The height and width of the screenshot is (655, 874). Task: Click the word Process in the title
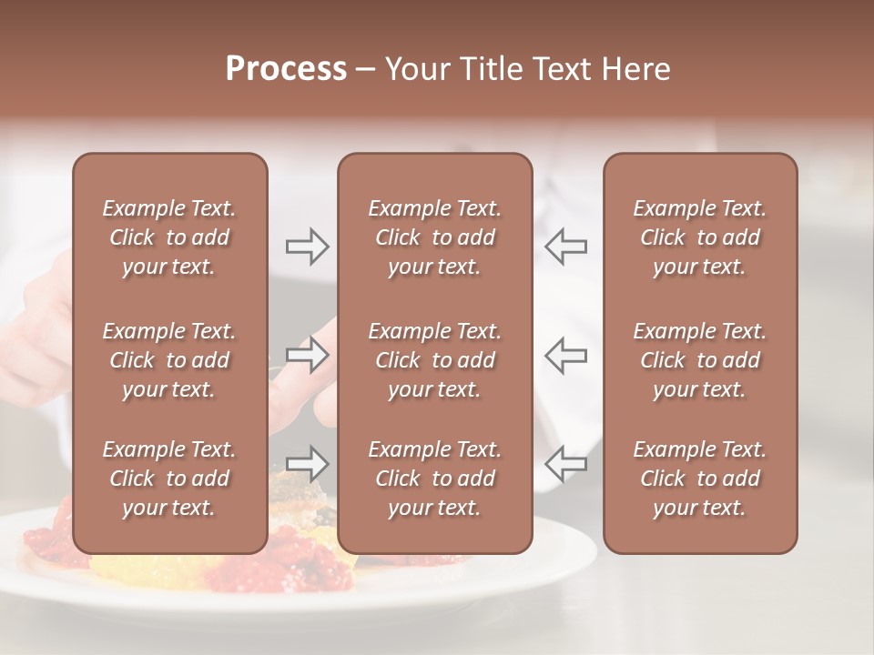pyautogui.click(x=286, y=69)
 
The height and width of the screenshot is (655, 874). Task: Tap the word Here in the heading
pyautogui.click(x=635, y=69)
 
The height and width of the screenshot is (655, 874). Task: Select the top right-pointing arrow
pyautogui.click(x=307, y=246)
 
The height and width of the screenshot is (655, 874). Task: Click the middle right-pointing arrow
pyautogui.click(x=307, y=355)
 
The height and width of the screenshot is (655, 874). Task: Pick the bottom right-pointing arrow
pyautogui.click(x=307, y=464)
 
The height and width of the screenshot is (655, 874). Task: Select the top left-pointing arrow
pyautogui.click(x=565, y=246)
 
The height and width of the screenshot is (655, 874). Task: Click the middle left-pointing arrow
pyautogui.click(x=565, y=355)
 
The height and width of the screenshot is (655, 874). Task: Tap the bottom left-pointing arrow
pyautogui.click(x=565, y=464)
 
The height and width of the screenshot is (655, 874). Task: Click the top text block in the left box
pyautogui.click(x=169, y=237)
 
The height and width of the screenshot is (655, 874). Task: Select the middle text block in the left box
pyautogui.click(x=169, y=360)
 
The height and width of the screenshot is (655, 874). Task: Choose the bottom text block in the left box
pyautogui.click(x=169, y=479)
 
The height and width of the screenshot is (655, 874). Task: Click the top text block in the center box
pyautogui.click(x=434, y=237)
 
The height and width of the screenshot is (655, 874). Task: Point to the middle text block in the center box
pyautogui.click(x=434, y=360)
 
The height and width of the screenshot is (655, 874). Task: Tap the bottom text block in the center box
pyautogui.click(x=434, y=479)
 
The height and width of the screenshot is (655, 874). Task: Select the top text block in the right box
pyautogui.click(x=699, y=237)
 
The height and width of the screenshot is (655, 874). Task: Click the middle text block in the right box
pyautogui.click(x=699, y=360)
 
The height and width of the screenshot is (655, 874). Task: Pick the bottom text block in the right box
pyautogui.click(x=699, y=479)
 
